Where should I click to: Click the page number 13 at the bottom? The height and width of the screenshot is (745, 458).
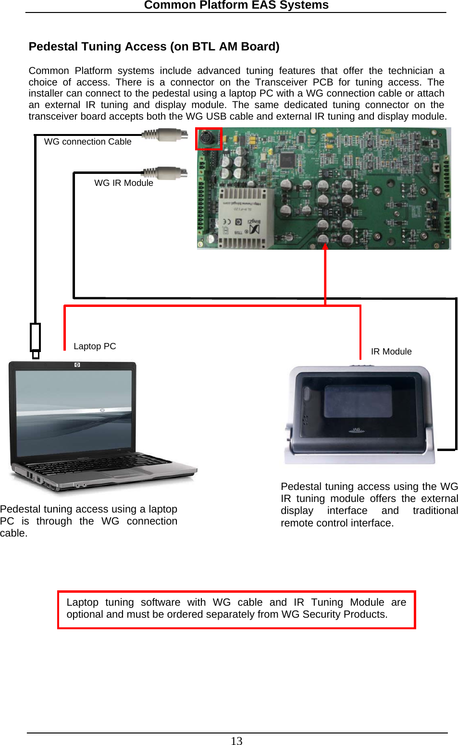tap(236, 741)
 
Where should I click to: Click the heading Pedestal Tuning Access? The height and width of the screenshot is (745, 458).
tap(154, 47)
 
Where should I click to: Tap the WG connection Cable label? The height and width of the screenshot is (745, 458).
tap(87, 142)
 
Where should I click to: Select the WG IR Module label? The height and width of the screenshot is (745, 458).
tap(124, 183)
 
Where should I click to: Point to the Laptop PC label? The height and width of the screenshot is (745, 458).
tap(95, 346)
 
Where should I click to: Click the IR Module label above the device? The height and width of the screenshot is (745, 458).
tap(391, 352)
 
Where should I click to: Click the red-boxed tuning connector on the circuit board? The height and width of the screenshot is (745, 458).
tap(209, 139)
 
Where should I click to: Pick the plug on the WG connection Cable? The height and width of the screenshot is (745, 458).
tap(166, 134)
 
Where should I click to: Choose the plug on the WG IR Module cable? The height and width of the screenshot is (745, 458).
tap(166, 172)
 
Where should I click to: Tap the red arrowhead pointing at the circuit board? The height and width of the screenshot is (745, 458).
tap(325, 247)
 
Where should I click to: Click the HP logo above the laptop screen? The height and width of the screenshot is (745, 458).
tap(77, 365)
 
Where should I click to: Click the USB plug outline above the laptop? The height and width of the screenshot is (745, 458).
tap(35, 338)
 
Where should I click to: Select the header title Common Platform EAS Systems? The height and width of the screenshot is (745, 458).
tap(236, 5)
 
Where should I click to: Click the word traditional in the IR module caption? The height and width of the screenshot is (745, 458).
tap(435, 511)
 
